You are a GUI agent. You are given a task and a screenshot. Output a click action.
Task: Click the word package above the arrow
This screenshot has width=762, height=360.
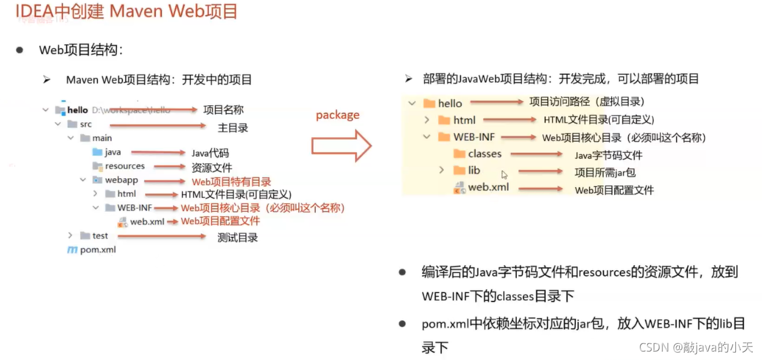(338, 115)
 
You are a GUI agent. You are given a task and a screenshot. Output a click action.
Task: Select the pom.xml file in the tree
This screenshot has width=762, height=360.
(98, 249)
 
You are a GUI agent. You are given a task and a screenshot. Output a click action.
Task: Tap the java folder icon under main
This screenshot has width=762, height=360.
(97, 152)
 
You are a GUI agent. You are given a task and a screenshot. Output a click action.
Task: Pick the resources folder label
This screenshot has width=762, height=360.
(125, 166)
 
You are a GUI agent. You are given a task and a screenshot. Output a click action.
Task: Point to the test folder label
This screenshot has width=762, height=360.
(100, 236)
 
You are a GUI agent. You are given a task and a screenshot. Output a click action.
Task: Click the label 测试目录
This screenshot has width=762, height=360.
(237, 237)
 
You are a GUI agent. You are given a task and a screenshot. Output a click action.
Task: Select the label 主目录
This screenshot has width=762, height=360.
(232, 127)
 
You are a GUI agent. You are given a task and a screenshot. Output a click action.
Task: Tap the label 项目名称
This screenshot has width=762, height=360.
(223, 110)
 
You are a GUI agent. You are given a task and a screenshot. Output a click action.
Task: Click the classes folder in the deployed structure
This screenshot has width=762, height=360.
(484, 154)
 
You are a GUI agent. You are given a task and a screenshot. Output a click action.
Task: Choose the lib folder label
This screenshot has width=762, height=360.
(474, 170)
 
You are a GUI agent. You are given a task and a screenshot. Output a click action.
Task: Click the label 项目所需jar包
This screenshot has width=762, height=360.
(604, 172)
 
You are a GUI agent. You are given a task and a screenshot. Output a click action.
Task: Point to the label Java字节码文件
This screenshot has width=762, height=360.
(608, 155)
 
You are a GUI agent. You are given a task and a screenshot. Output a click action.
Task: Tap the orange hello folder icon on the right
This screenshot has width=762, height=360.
(429, 103)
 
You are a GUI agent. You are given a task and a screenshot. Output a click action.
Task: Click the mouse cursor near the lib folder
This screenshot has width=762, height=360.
(504, 175)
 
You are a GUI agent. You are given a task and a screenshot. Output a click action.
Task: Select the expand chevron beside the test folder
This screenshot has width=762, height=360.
(70, 235)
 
